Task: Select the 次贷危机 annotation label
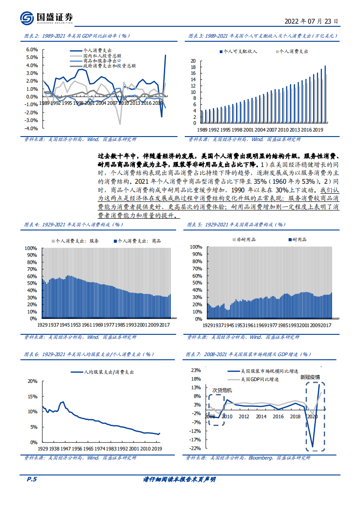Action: [x=222, y=390]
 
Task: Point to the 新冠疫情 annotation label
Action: [x=310, y=377]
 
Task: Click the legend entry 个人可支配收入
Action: [x=240, y=52]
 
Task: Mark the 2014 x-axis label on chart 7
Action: [x=261, y=416]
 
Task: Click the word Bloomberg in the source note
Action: [x=261, y=458]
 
